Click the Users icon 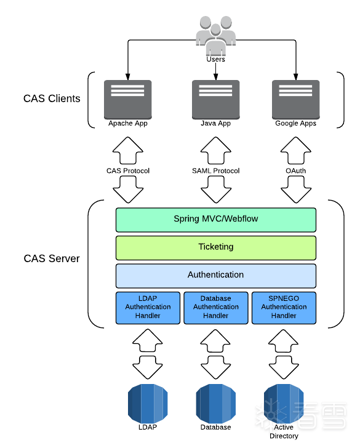[216, 35]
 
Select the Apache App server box [128, 100]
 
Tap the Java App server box [216, 100]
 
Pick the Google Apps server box [296, 100]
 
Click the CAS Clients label [52, 98]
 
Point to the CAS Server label [52, 258]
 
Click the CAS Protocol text [128, 171]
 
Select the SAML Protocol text [216, 171]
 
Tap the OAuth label [296, 171]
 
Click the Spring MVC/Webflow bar [216, 220]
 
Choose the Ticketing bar [216, 248]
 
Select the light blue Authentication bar [216, 276]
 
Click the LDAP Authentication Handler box [148, 308]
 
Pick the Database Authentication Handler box [216, 308]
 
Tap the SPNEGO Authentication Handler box [284, 308]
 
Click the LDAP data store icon [148, 404]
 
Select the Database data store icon [216, 404]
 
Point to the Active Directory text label [284, 431]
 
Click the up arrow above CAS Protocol [128, 150]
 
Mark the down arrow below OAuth [296, 190]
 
